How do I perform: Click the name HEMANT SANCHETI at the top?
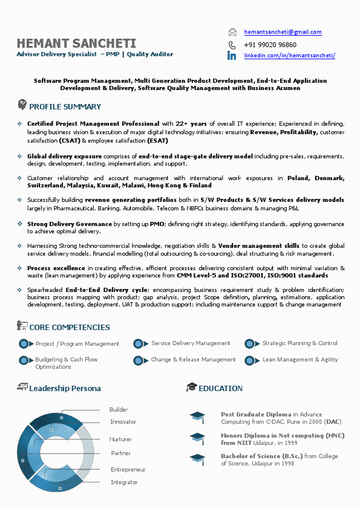tap(76, 43)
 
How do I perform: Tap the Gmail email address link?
tap(283, 32)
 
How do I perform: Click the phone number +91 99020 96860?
tap(270, 45)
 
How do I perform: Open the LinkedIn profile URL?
tap(289, 56)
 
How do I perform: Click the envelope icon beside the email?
tap(232, 32)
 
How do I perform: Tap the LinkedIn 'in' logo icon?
tap(232, 56)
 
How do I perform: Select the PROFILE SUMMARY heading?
tap(65, 107)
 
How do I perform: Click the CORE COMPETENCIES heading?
tap(70, 328)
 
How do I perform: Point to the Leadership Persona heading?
tap(65, 388)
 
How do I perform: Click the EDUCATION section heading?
tap(220, 388)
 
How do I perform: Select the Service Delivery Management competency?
tap(191, 343)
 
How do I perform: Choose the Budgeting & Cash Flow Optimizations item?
tap(66, 363)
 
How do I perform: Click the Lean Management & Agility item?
tap(300, 360)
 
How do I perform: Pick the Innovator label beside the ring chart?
tap(123, 422)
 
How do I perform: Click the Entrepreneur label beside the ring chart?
tap(128, 470)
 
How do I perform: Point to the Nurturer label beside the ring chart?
tap(120, 439)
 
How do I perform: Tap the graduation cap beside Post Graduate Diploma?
tap(197, 416)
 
